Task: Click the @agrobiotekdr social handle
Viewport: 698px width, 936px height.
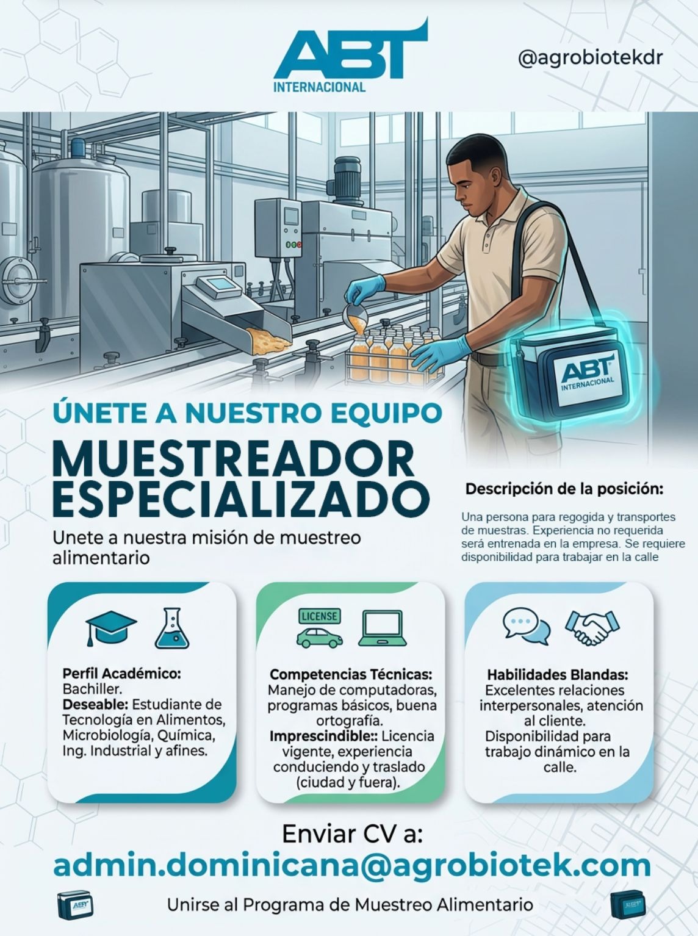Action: (590, 58)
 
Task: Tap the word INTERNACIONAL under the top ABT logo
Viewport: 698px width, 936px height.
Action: (319, 87)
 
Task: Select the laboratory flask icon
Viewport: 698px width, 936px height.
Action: (172, 628)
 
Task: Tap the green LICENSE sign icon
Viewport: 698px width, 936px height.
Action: (319, 616)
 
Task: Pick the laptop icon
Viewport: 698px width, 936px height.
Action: (383, 628)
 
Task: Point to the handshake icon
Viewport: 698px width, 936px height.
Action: (592, 628)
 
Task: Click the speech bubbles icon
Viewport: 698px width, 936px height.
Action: (526, 626)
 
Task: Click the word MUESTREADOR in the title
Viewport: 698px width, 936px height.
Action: (235, 459)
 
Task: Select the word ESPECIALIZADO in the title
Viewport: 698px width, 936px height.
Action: (241, 500)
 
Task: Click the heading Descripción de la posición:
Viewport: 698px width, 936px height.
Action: (564, 489)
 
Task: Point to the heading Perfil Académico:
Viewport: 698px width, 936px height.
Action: (122, 674)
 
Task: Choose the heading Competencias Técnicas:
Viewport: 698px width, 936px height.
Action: (351, 675)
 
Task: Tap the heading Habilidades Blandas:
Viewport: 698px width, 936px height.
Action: (558, 675)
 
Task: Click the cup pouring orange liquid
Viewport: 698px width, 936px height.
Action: (356, 314)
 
